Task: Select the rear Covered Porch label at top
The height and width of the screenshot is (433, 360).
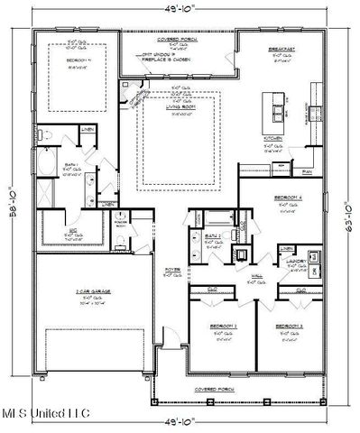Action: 176,39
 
